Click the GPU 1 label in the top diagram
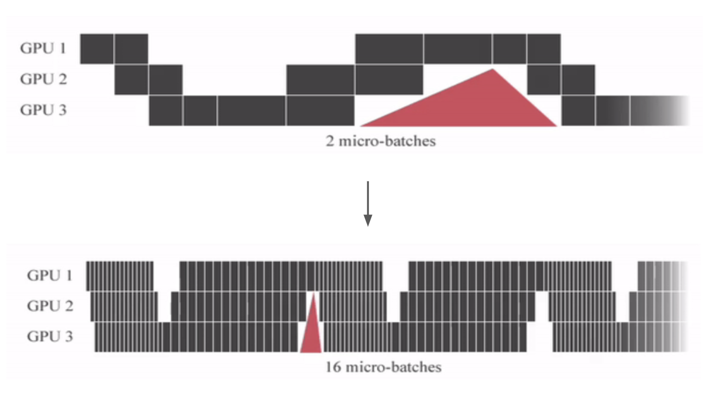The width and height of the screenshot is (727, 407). [x=43, y=48]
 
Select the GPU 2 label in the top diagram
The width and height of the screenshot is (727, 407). [x=43, y=79]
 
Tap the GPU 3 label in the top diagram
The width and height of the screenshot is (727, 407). [x=43, y=110]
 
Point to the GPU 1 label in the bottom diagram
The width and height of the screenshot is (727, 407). [x=50, y=275]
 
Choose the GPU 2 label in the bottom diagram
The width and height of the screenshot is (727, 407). [x=50, y=306]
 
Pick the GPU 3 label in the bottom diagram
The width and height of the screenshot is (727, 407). [x=50, y=336]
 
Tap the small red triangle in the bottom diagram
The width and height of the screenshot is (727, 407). [x=312, y=334]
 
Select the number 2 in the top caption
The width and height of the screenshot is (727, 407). [x=329, y=141]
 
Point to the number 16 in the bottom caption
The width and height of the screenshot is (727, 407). [x=333, y=367]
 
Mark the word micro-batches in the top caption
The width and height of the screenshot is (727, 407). [x=387, y=141]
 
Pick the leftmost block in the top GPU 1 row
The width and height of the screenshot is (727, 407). [x=97, y=48]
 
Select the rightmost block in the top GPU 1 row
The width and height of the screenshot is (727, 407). [x=544, y=48]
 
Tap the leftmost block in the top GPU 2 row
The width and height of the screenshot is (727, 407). [x=132, y=79]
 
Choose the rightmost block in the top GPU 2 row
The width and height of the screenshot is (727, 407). [x=578, y=79]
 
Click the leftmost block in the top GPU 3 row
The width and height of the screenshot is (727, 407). [x=166, y=110]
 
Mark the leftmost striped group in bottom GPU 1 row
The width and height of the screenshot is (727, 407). [x=120, y=276]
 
